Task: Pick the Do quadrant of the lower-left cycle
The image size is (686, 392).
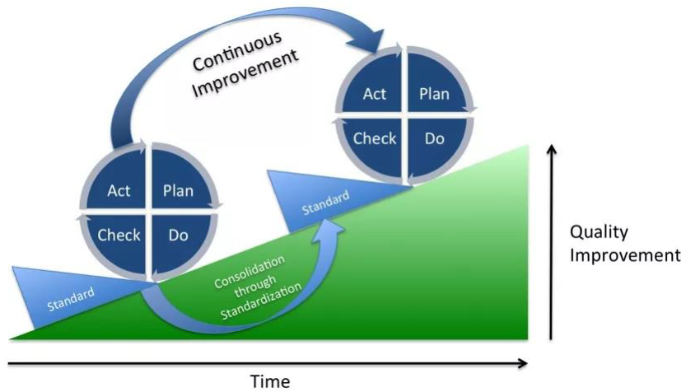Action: pos(179,240)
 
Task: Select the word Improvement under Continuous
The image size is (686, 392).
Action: pos(245,73)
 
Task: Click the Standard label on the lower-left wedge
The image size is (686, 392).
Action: pos(71,300)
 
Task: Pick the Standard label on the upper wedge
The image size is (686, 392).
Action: pos(326,203)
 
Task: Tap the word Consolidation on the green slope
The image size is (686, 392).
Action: pos(250,272)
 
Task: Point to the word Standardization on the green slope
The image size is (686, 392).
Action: pos(261,301)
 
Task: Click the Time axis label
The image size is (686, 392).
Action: pos(270,381)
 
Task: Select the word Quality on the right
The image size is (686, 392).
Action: pos(599,232)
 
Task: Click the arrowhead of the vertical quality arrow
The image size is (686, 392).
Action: pos(552,150)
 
